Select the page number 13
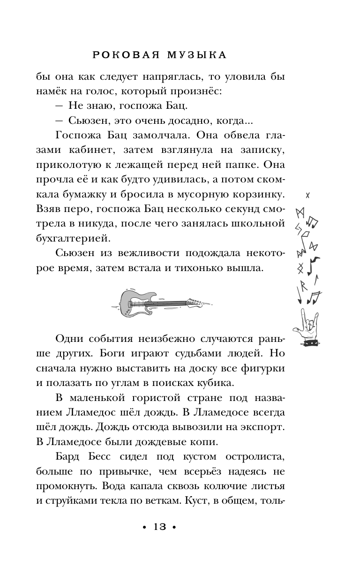click(160, 527)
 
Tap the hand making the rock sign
click(308, 325)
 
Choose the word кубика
click(212, 383)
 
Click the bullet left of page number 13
click(143, 528)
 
